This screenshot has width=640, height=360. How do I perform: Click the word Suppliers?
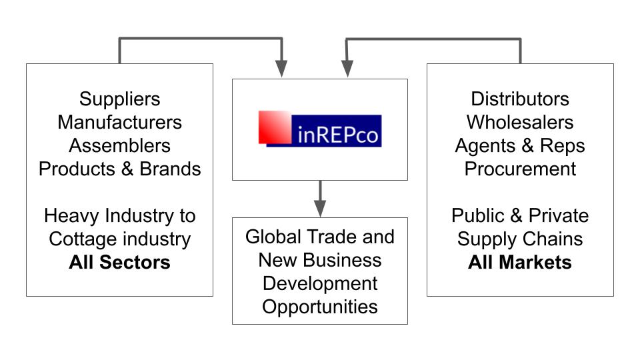(x=120, y=99)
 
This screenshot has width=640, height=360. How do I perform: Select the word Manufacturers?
(x=120, y=123)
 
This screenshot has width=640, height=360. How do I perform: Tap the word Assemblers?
(x=120, y=145)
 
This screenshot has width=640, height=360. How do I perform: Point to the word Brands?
(x=170, y=169)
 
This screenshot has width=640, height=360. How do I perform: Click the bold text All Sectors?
(x=120, y=263)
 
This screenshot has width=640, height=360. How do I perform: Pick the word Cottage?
(x=82, y=239)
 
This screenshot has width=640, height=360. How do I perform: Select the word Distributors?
(x=520, y=99)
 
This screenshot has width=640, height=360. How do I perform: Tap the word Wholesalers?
(x=520, y=123)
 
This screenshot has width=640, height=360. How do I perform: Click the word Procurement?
(x=520, y=169)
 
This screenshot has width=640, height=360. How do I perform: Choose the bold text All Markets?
(x=520, y=263)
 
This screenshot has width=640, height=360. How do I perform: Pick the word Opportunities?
(x=320, y=307)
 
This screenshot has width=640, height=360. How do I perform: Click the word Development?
(x=320, y=283)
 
